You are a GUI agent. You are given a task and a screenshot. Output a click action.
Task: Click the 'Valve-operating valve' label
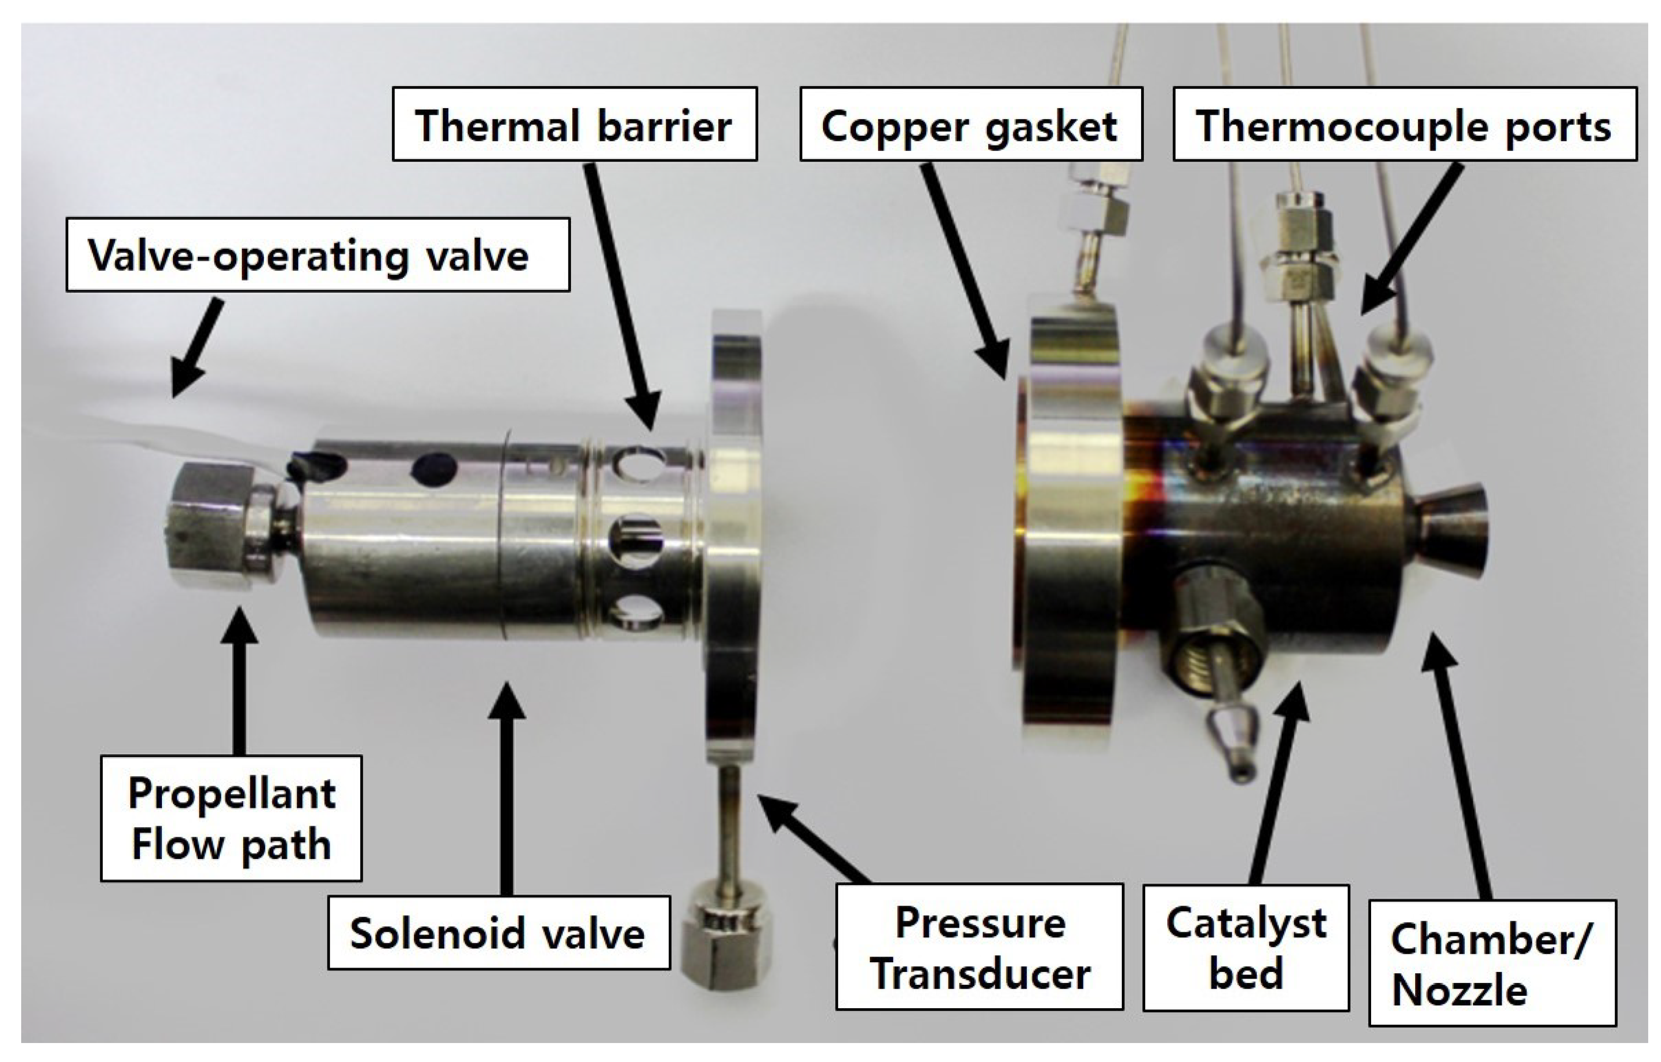click(317, 255)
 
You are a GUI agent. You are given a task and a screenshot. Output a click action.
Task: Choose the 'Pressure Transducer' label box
click(980, 947)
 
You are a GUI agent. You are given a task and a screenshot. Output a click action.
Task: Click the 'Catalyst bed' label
click(1246, 947)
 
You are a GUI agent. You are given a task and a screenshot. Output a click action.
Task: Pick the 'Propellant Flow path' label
click(231, 818)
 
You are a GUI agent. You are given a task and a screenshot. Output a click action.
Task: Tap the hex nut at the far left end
click(207, 526)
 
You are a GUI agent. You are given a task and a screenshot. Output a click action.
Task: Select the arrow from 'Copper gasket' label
click(962, 269)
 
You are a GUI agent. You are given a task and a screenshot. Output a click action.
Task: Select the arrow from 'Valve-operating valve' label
click(196, 348)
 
